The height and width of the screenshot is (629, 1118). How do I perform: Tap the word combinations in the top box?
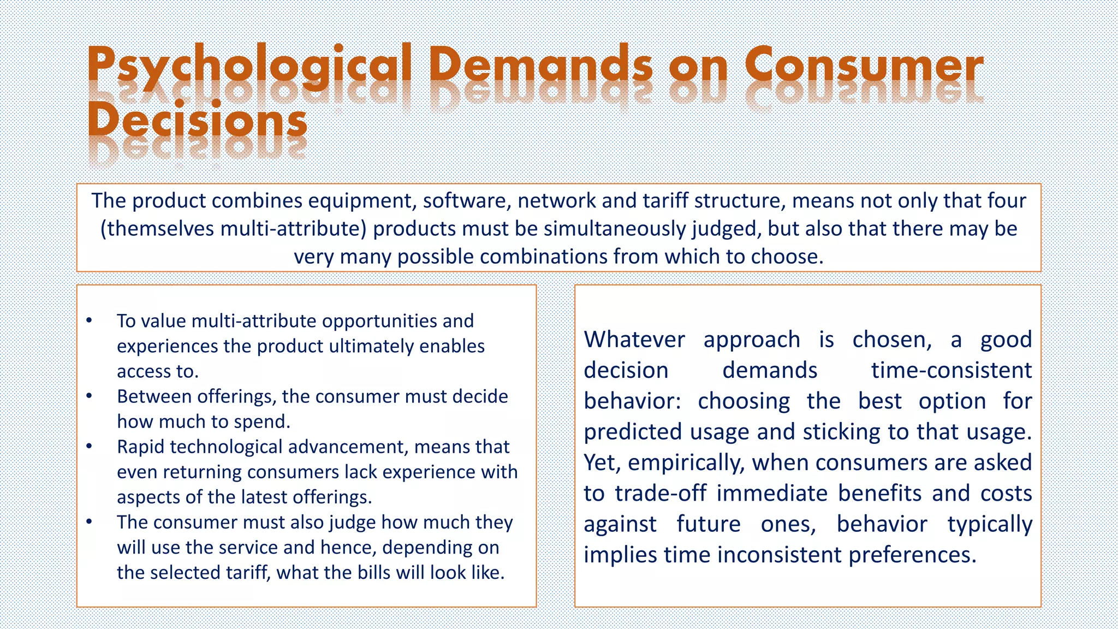point(543,257)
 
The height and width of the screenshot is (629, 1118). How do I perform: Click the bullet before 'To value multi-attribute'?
point(90,321)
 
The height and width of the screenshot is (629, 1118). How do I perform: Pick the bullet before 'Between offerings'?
point(90,396)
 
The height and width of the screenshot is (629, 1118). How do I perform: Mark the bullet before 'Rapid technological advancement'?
point(90,446)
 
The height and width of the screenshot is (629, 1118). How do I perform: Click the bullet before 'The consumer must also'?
point(90,522)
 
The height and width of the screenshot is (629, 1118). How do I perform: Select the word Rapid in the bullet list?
point(141,447)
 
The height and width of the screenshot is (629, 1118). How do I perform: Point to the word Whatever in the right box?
point(634,340)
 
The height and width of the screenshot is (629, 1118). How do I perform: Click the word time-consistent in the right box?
point(951,371)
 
